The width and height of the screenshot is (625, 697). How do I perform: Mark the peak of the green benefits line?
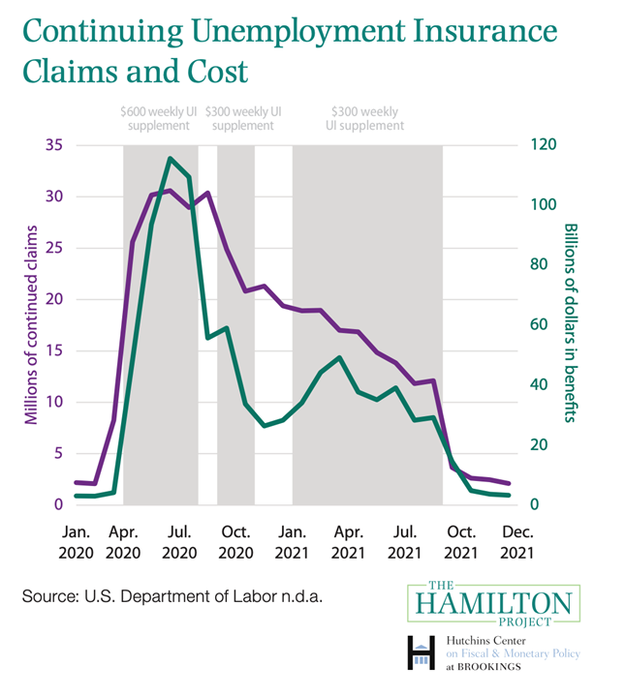tap(170, 158)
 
